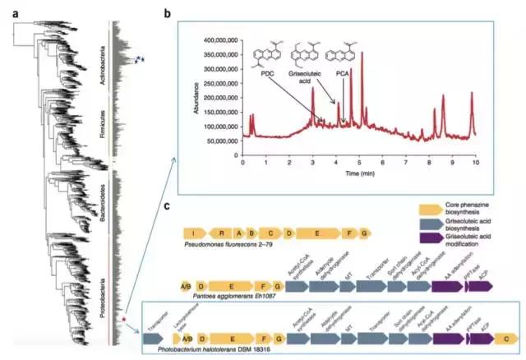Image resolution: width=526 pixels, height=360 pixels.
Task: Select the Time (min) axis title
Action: point(358,174)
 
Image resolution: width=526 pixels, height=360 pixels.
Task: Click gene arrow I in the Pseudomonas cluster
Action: point(195,233)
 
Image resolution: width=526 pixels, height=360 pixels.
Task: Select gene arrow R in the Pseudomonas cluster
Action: point(221,233)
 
